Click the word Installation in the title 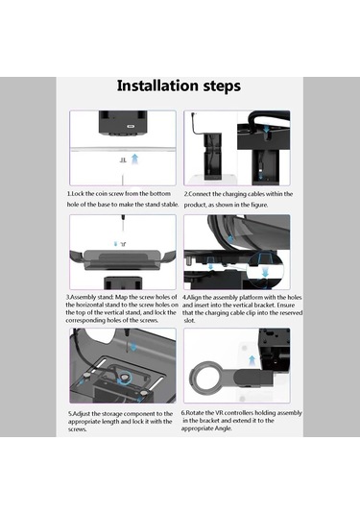coord(158,86)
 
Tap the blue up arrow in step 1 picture coord(134,159)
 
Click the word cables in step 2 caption coord(251,194)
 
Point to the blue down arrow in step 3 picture coord(115,244)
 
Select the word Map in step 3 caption coord(122,297)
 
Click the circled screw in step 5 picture coord(124,378)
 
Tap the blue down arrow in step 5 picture coord(133,347)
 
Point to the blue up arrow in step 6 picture coord(252,360)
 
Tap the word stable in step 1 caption coord(169,205)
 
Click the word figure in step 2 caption coord(259,205)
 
